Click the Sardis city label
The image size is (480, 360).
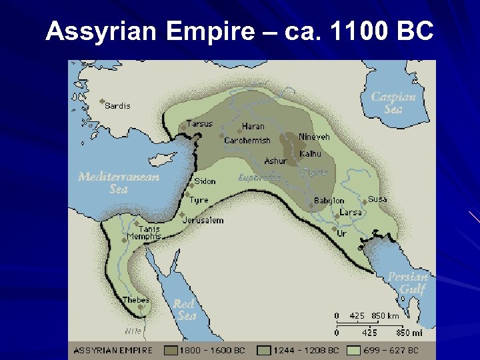pyautogui.click(x=118, y=106)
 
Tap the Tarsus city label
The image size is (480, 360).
pyautogui.click(x=199, y=123)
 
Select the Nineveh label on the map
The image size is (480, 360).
pyautogui.click(x=314, y=137)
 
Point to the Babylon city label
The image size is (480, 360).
pyautogui.click(x=329, y=201)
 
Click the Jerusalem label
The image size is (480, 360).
pyautogui.click(x=205, y=220)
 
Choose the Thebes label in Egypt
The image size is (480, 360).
pyautogui.click(x=136, y=300)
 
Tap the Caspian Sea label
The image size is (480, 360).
pyautogui.click(x=393, y=102)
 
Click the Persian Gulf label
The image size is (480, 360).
pyautogui.click(x=408, y=283)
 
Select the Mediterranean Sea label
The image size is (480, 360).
pyautogui.click(x=119, y=183)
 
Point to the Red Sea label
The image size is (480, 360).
pyautogui.click(x=185, y=309)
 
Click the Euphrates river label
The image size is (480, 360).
pyautogui.click(x=259, y=178)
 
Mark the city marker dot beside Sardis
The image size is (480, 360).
pyautogui.click(x=102, y=102)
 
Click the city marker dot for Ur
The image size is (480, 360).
pyautogui.click(x=334, y=229)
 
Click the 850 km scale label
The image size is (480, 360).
pyautogui.click(x=385, y=315)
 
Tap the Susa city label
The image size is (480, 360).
pyautogui.click(x=377, y=199)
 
